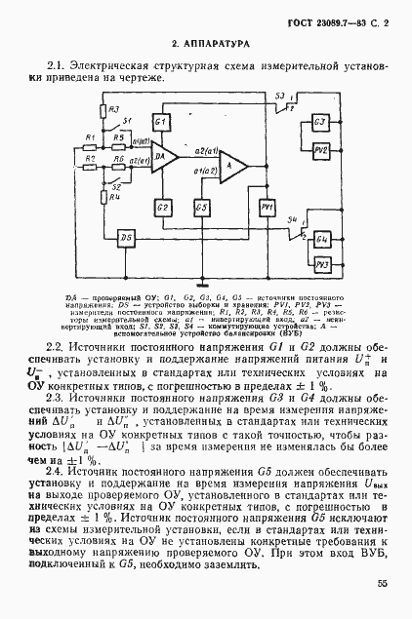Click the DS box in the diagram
(x=124, y=239)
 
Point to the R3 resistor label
(x=114, y=110)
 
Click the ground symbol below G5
(x=201, y=281)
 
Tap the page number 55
(x=380, y=584)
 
